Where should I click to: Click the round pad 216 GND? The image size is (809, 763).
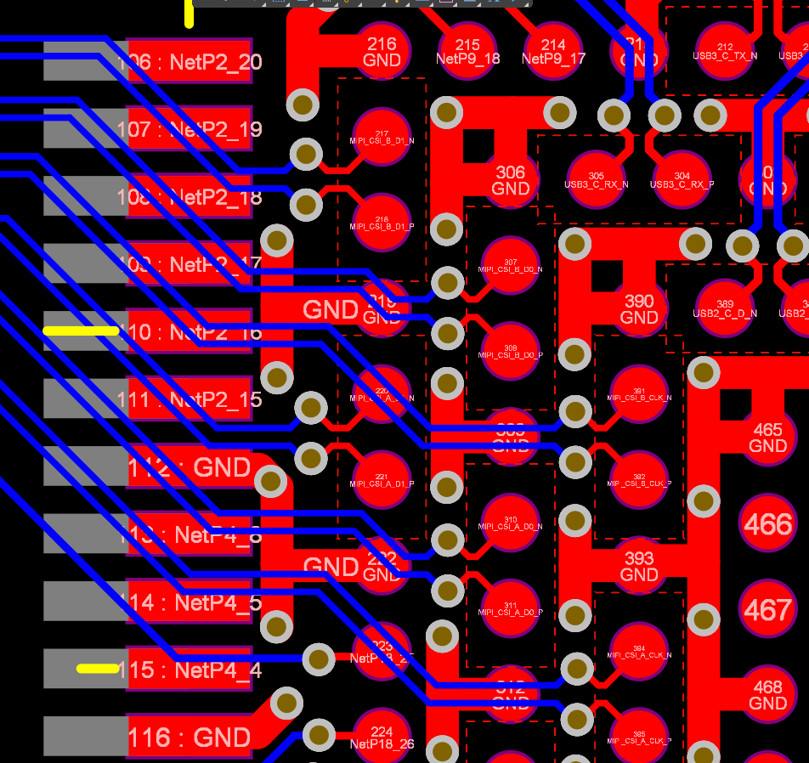click(x=382, y=51)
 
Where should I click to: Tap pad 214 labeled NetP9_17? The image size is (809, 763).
click(x=553, y=51)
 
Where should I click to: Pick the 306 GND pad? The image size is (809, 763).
click(x=510, y=179)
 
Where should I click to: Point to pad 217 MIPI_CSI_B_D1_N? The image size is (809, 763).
click(x=382, y=137)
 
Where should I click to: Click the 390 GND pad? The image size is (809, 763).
click(x=639, y=308)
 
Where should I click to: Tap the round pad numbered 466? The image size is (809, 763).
click(x=767, y=523)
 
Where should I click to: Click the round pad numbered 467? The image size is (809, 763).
click(x=767, y=609)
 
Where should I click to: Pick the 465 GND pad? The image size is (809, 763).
click(x=767, y=437)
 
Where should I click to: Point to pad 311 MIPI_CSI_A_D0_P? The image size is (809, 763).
click(x=510, y=608)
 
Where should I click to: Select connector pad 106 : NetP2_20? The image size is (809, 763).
click(x=190, y=61)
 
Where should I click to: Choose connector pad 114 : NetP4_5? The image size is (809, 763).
click(x=190, y=602)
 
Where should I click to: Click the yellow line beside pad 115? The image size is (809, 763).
click(x=98, y=669)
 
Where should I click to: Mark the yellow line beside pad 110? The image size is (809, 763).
click(x=81, y=331)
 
